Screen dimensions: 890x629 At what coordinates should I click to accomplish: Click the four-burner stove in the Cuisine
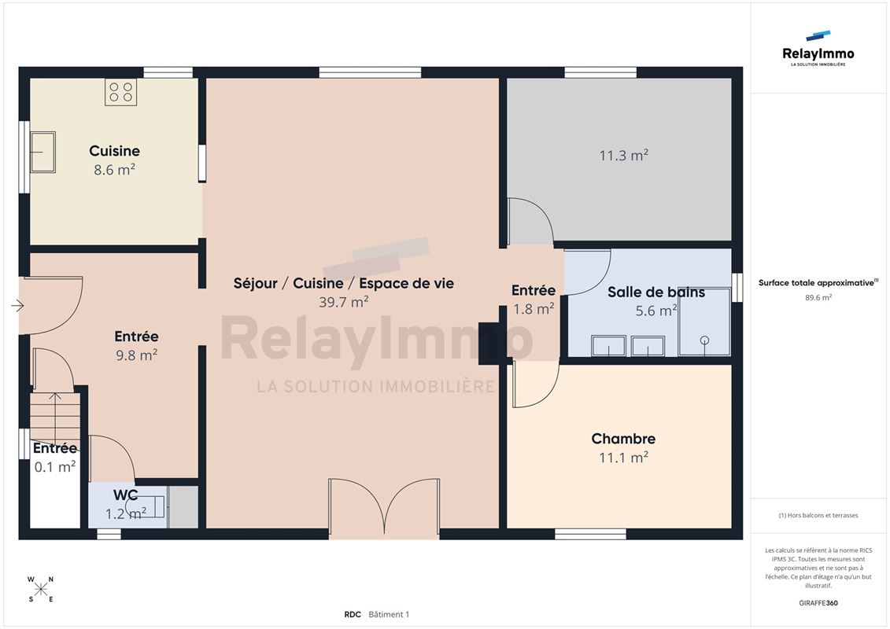pos(120,92)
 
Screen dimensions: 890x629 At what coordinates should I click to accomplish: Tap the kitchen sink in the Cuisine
pos(42,152)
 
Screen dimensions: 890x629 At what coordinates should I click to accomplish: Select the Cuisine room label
pos(114,151)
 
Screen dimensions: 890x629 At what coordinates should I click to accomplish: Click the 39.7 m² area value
pos(343,302)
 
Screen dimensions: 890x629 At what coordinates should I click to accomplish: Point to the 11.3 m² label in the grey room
pos(624,155)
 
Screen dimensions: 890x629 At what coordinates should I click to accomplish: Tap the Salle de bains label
pos(656,292)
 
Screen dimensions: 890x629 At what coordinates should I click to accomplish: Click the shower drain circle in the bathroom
pos(704,340)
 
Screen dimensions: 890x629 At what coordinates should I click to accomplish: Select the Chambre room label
pos(623,439)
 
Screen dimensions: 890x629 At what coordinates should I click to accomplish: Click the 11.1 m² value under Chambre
pos(624,457)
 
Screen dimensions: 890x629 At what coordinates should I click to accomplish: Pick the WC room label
pos(125,495)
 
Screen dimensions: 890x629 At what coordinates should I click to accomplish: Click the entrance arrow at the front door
pos(17,306)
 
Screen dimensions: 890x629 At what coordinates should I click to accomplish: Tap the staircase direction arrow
pos(55,417)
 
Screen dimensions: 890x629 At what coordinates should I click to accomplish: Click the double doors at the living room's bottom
pos(384,508)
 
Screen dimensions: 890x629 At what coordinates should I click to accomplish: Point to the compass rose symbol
pos(41,590)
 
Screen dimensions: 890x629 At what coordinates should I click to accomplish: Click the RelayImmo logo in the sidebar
pos(818,49)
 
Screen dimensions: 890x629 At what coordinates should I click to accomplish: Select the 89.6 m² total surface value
pos(818,297)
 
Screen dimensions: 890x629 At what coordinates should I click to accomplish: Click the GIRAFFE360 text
pos(818,603)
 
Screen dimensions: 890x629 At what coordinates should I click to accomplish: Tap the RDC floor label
pos(353,614)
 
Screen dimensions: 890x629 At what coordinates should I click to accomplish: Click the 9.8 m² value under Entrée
pos(136,355)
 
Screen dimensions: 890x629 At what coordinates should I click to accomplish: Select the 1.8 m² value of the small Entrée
pos(534,309)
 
